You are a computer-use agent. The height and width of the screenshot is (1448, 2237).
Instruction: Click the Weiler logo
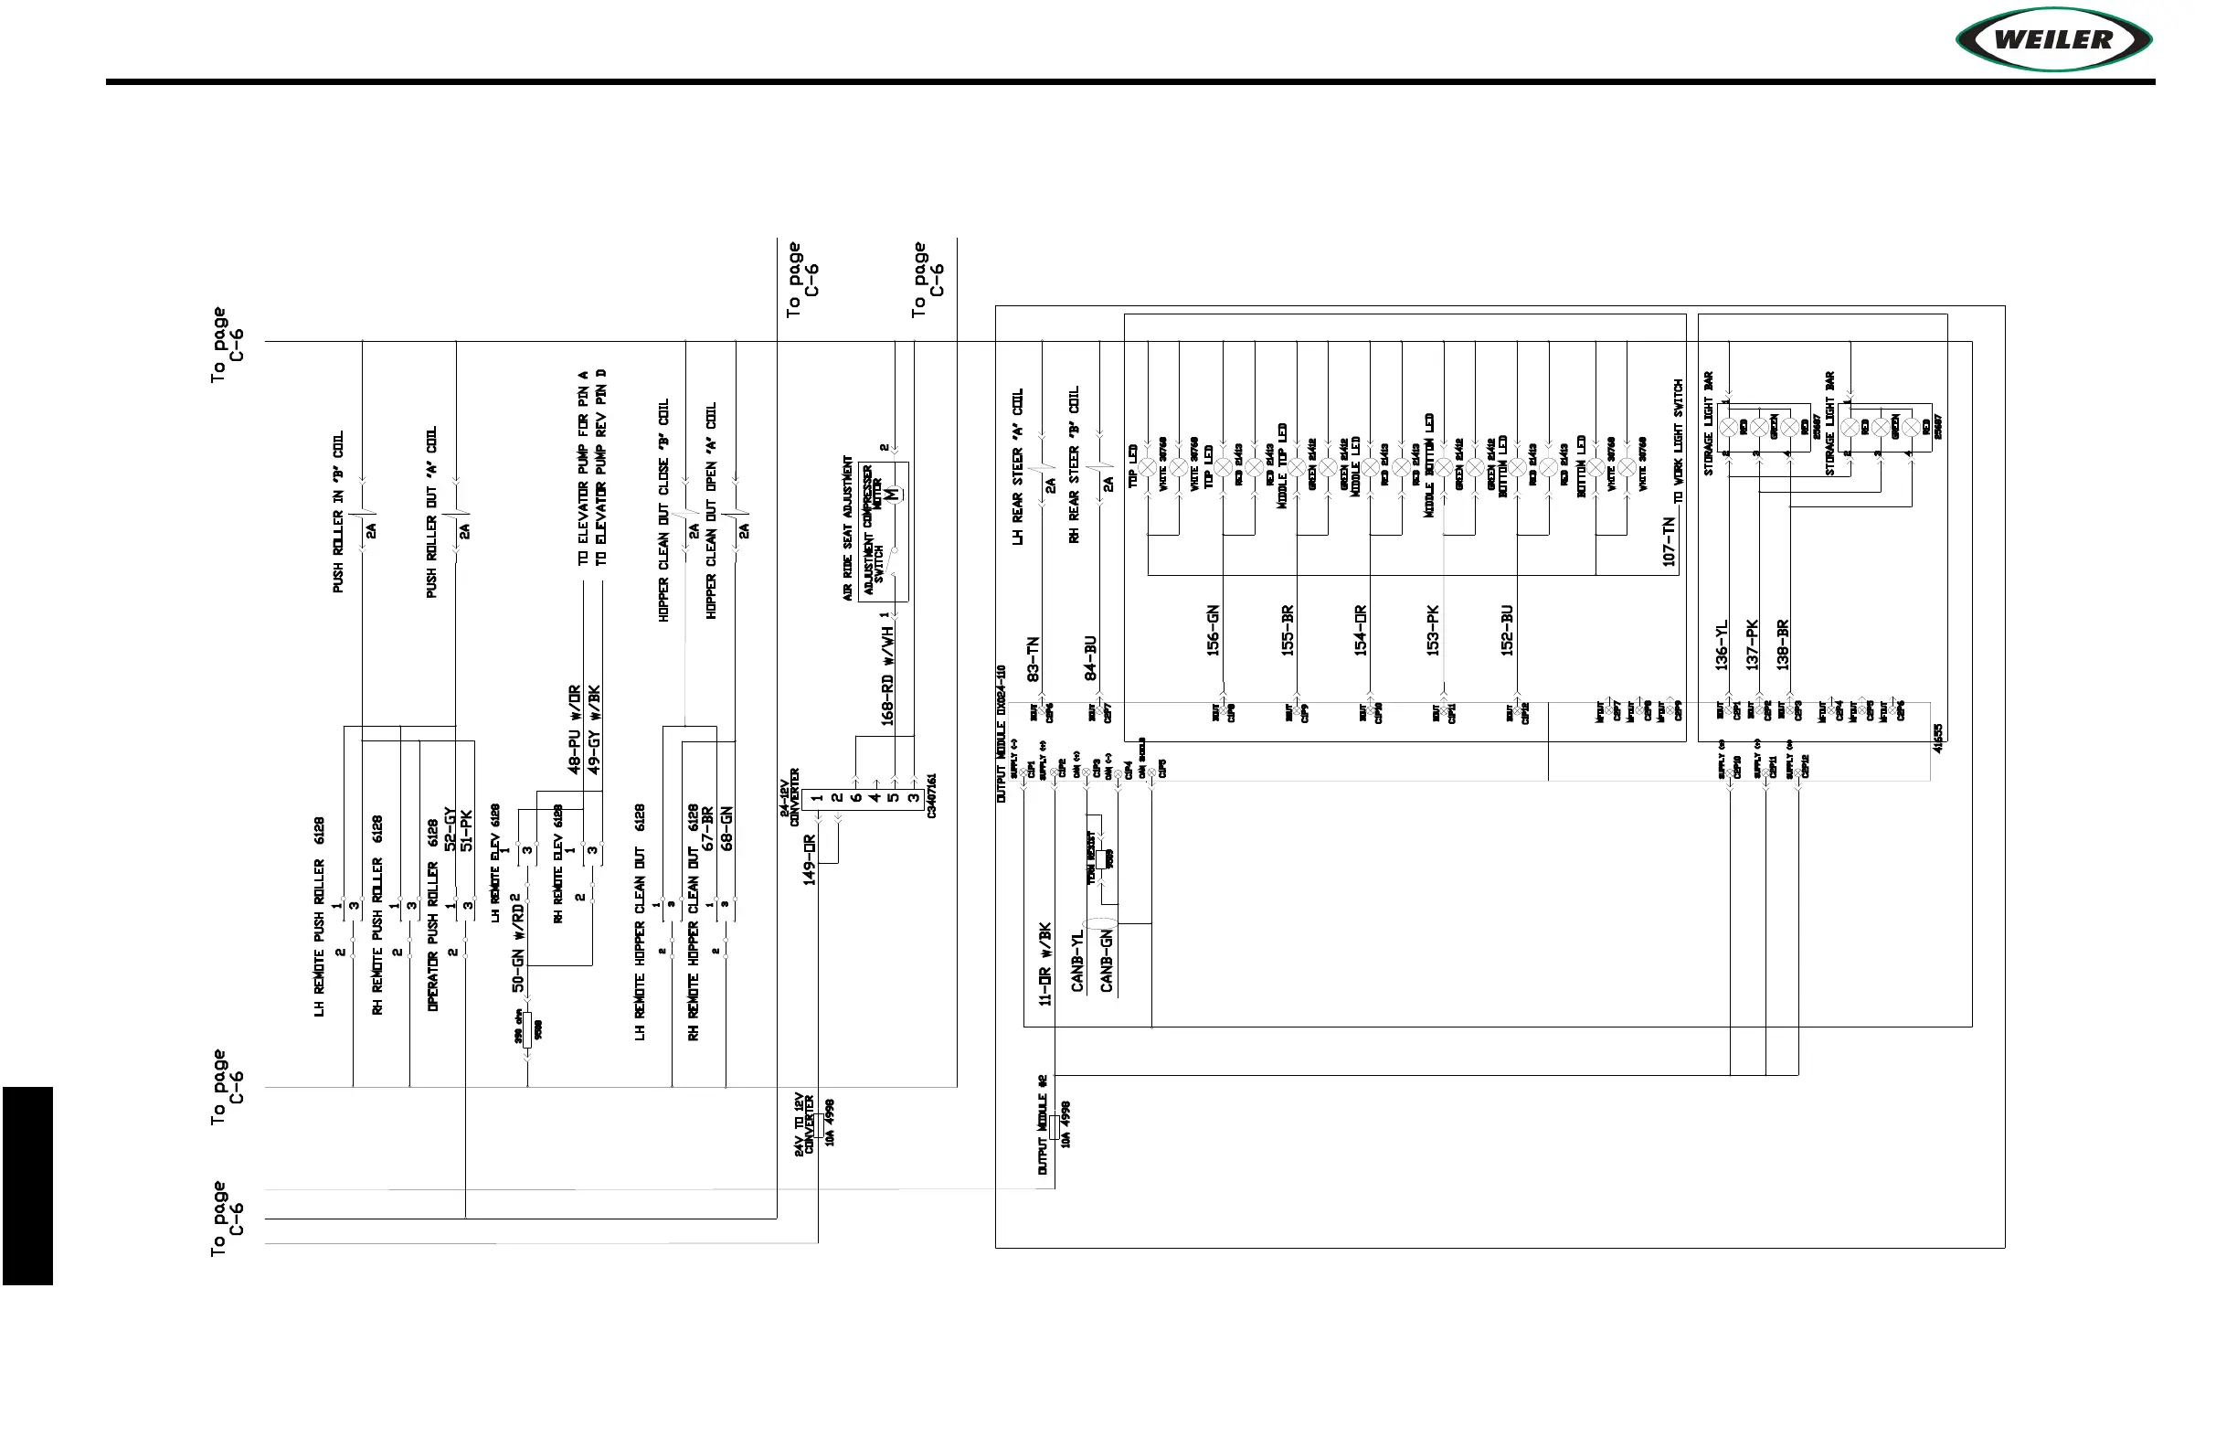click(2053, 39)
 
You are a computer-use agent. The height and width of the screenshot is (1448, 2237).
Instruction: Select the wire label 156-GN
click(1214, 630)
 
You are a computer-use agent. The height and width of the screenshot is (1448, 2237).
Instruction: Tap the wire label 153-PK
click(1434, 630)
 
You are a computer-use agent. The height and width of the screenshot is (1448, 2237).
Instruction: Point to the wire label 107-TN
click(1670, 540)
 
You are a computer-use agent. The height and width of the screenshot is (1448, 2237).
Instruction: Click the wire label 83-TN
click(1034, 658)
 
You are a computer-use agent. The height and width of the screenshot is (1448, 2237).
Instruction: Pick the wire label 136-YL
click(1722, 645)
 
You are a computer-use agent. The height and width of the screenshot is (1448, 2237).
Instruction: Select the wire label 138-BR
click(1782, 645)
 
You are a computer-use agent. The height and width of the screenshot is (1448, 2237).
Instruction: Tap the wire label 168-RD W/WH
click(887, 676)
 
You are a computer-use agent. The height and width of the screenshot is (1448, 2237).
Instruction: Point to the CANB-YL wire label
click(1078, 960)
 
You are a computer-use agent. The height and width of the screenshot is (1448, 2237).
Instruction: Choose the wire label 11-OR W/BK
click(1045, 964)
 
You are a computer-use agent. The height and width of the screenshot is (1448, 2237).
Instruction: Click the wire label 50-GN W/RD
click(518, 943)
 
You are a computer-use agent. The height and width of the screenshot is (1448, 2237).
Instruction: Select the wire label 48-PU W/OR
click(574, 729)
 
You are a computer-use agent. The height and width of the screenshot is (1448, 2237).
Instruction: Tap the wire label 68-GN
click(726, 828)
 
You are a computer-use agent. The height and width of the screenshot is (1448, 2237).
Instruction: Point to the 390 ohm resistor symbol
click(527, 1031)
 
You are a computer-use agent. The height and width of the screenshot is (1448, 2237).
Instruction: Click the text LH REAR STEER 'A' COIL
click(1017, 466)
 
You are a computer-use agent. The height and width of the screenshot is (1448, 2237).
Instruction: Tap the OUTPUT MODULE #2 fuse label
click(1043, 1124)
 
